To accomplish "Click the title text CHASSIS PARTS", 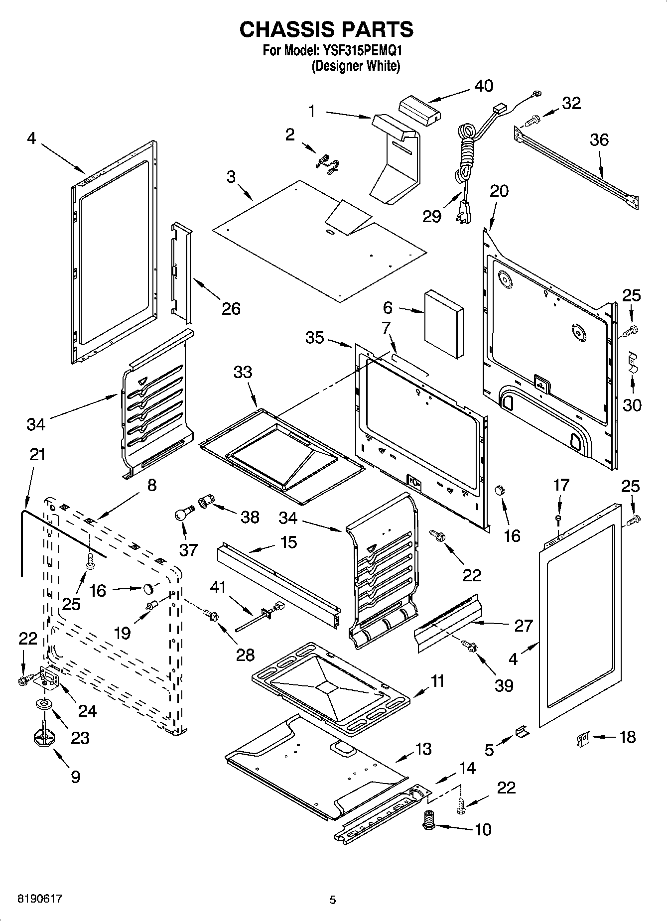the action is (x=326, y=29).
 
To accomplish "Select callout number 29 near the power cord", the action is (x=432, y=216).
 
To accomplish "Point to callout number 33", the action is (x=243, y=372).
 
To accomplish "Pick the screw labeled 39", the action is (x=470, y=646).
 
